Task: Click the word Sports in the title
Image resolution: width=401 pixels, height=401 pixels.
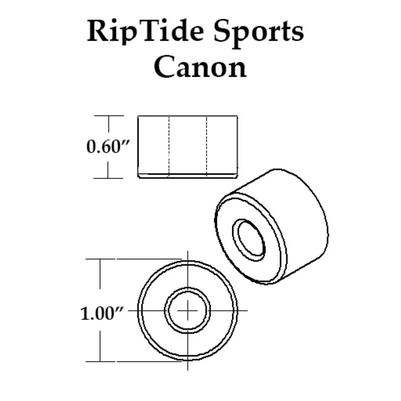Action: [x=259, y=33]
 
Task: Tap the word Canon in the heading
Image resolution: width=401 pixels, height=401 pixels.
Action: [x=200, y=67]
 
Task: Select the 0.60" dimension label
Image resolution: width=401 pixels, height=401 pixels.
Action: [x=108, y=146]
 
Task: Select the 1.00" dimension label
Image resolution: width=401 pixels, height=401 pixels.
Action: [x=102, y=314]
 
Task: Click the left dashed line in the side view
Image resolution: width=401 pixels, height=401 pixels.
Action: [x=169, y=146]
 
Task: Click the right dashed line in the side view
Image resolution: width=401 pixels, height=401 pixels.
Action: [x=207, y=146]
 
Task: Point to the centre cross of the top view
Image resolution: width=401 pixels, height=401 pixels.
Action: [x=187, y=310]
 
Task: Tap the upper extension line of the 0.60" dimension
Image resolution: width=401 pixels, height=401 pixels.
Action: [x=109, y=116]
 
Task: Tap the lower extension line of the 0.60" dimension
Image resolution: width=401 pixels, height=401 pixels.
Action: [x=108, y=178]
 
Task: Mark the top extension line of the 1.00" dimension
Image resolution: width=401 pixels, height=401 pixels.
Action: [x=133, y=259]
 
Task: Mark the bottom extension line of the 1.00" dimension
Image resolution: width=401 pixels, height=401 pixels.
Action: [x=133, y=361]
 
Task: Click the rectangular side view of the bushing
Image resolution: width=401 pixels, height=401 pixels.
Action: [x=187, y=147]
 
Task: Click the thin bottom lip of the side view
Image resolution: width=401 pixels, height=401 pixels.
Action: [x=187, y=176]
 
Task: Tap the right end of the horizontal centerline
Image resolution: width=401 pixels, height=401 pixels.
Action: [x=247, y=310]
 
